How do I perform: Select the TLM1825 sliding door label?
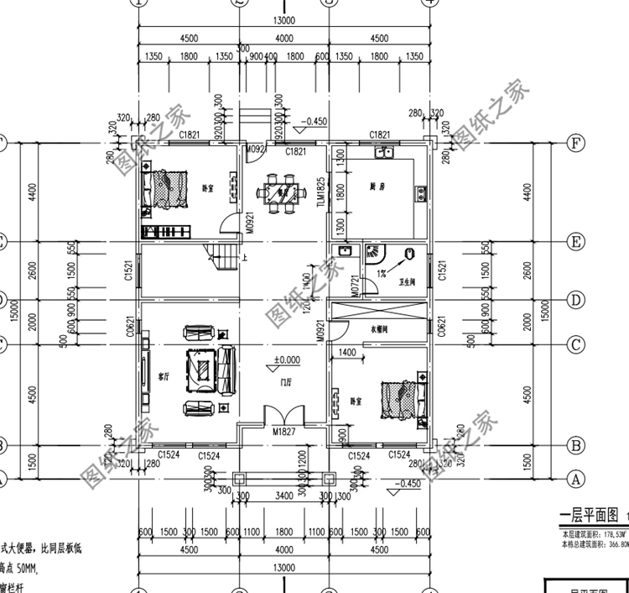[x=320, y=193]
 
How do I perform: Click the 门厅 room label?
[x=288, y=382]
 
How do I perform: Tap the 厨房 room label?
[x=377, y=186]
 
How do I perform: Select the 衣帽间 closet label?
[x=380, y=330]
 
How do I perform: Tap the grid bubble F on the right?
[x=574, y=143]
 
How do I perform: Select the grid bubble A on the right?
[x=574, y=479]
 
